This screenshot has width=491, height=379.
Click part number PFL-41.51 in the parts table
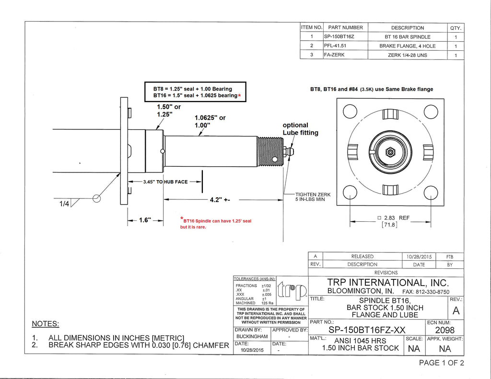(335, 46)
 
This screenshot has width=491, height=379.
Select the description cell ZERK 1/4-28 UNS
(407, 55)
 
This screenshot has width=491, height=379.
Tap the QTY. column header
(455, 28)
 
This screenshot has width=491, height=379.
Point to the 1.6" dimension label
(145, 220)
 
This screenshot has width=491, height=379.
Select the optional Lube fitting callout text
(300, 128)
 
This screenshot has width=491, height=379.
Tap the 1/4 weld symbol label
(64, 204)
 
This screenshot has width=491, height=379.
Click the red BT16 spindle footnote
(216, 224)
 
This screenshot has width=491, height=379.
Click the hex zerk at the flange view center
(390, 152)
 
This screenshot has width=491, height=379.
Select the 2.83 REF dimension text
(397, 218)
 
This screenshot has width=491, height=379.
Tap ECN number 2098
(444, 330)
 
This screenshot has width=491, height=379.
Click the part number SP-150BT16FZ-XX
(367, 330)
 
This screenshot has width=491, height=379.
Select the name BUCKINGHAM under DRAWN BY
(252, 337)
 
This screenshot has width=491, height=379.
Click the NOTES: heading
(45, 324)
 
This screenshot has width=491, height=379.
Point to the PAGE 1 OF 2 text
(441, 363)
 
